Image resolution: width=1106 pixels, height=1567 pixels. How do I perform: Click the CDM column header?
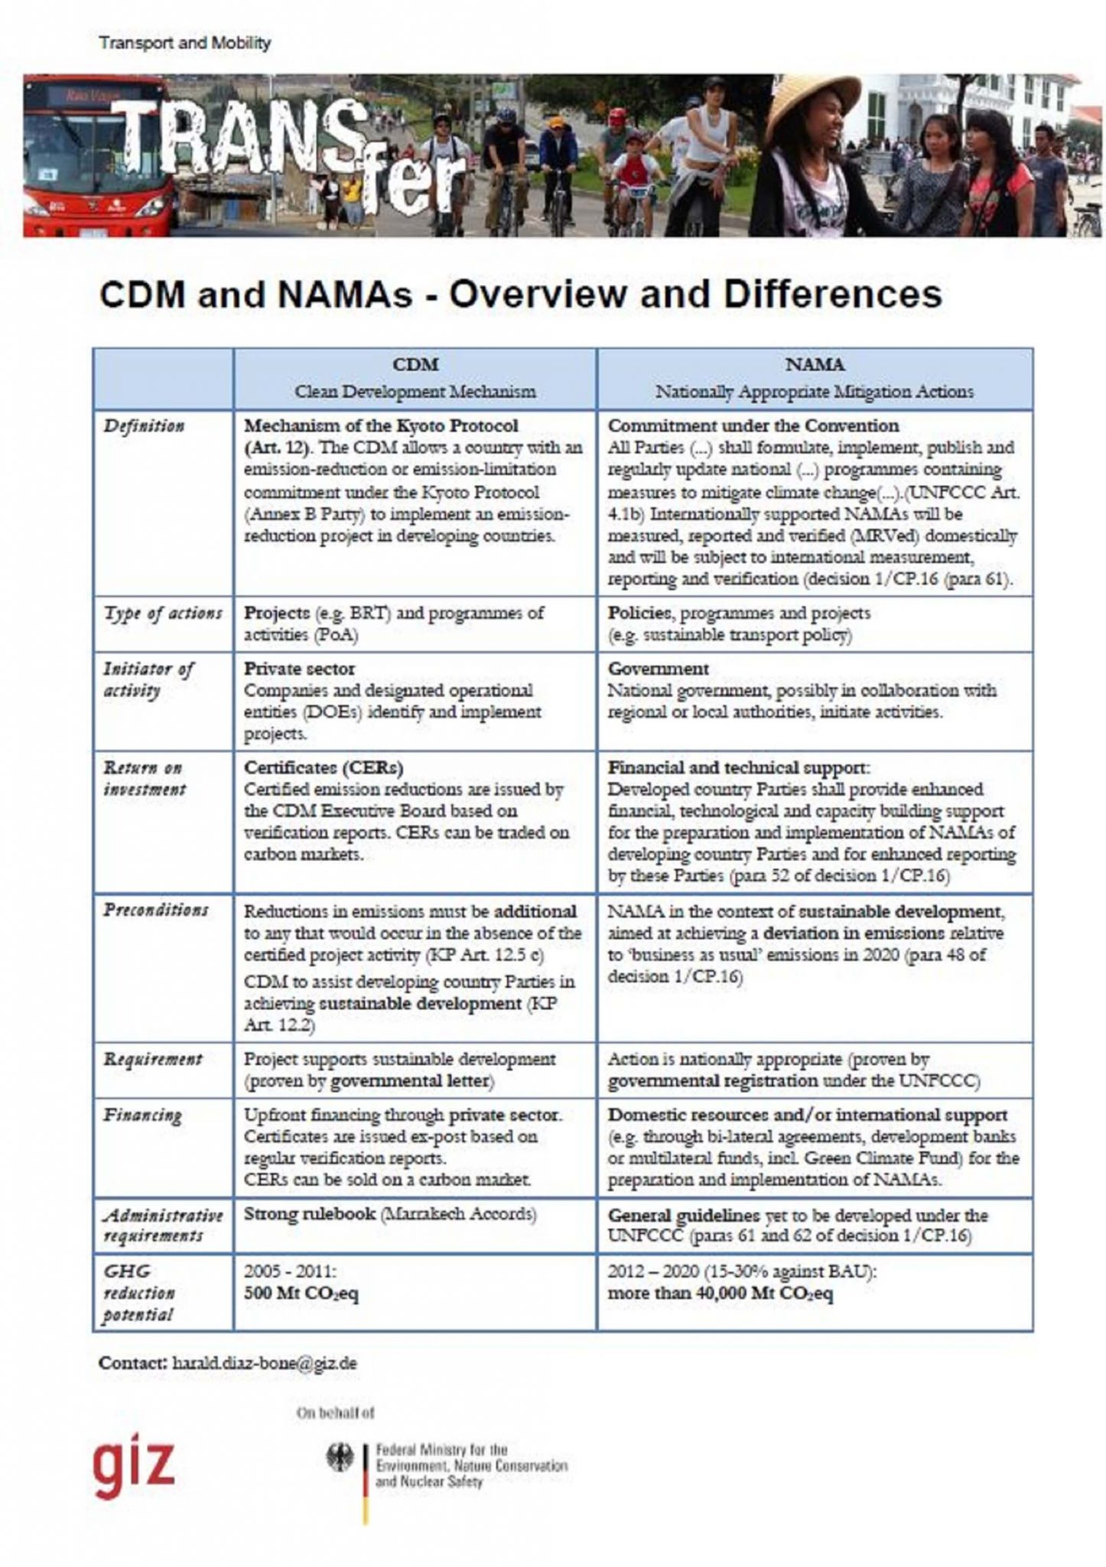click(x=415, y=366)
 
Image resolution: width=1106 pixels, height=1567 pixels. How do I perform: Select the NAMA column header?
click(x=814, y=366)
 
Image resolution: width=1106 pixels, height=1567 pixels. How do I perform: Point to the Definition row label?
click(x=144, y=426)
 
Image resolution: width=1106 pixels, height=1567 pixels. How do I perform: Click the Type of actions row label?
click(x=163, y=614)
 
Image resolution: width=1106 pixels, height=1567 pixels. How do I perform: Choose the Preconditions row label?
click(x=156, y=911)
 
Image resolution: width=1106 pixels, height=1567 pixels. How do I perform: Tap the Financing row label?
click(x=142, y=1116)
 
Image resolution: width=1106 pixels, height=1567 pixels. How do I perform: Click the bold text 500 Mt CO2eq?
click(x=301, y=1294)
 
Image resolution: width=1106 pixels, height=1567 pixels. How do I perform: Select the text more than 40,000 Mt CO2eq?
click(x=720, y=1294)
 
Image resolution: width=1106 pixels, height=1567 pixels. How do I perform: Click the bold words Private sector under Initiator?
click(x=299, y=669)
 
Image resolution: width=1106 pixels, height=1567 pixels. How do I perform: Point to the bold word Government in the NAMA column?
click(x=658, y=669)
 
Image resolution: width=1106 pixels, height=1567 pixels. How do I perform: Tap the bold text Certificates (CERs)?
click(x=324, y=767)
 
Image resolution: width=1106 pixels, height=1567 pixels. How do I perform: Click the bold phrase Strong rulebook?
click(x=308, y=1214)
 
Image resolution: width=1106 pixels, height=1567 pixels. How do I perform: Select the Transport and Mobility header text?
click(x=184, y=43)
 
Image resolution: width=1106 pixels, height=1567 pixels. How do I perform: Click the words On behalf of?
click(x=335, y=1412)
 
